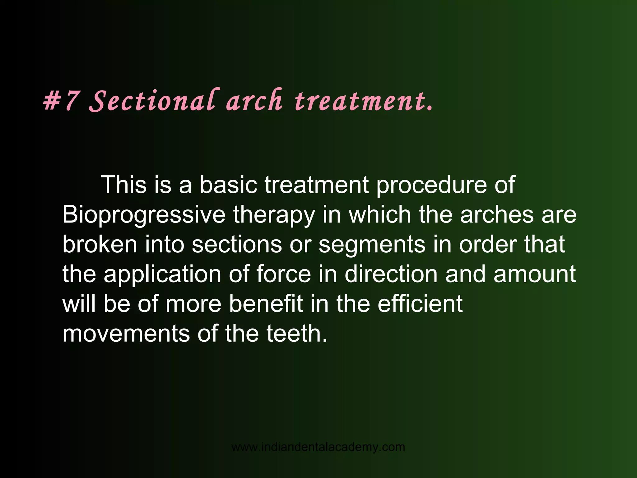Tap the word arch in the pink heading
click(x=255, y=101)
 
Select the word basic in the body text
click(x=228, y=185)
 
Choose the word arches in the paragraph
click(x=497, y=215)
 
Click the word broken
click(x=100, y=245)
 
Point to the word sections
click(x=237, y=245)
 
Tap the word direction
click(x=391, y=274)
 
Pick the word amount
click(x=535, y=274)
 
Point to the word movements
click(x=126, y=334)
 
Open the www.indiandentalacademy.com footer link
click(x=318, y=447)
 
